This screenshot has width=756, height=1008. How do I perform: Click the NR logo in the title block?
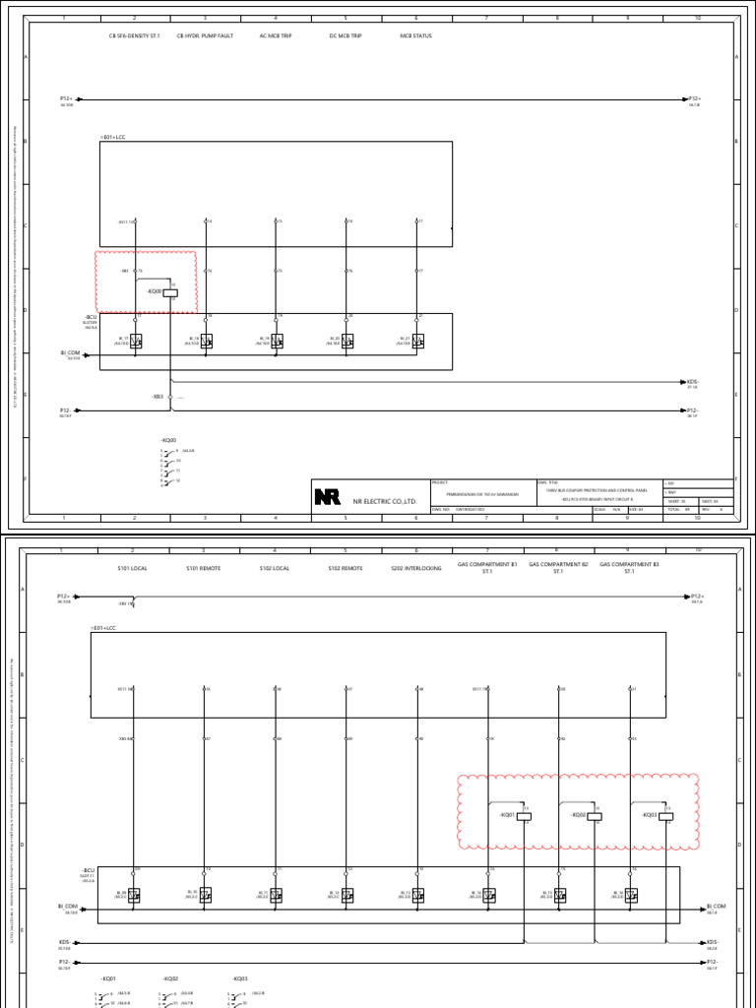[x=327, y=498]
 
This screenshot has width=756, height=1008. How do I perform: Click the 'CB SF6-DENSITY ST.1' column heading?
[x=134, y=35]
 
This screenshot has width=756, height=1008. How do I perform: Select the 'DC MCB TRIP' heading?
[x=346, y=35]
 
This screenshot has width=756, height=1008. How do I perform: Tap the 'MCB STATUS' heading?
[x=415, y=35]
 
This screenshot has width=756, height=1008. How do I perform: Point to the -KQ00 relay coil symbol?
[x=169, y=291]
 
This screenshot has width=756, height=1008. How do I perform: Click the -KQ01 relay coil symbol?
[x=523, y=816]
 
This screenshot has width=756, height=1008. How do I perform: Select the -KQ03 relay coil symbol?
[x=664, y=816]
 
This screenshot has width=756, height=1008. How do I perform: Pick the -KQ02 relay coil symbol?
[x=594, y=816]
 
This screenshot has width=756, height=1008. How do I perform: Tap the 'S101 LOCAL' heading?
[x=133, y=569]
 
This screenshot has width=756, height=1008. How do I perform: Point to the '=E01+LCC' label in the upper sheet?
[x=113, y=137]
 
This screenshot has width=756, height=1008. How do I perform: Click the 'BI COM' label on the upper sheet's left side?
[x=69, y=351]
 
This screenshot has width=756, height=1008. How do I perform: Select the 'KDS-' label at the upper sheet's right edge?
[x=692, y=381]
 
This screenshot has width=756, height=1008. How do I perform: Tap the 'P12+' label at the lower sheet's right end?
[x=697, y=597]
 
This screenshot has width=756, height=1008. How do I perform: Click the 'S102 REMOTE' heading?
[x=346, y=569]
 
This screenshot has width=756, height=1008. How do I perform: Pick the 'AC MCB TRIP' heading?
[x=276, y=35]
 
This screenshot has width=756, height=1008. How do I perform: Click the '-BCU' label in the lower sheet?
[x=89, y=870]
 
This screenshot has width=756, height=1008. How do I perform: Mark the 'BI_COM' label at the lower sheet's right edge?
[x=716, y=906]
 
